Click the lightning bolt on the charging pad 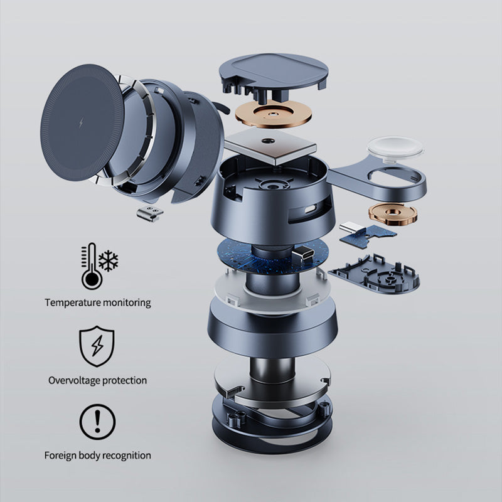pos(82,122)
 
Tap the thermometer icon pos(91,266)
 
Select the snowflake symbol pos(109,261)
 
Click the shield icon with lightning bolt pos(97,346)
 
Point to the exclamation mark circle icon pos(97,422)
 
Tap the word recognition pos(127,456)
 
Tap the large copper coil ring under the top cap pos(274,114)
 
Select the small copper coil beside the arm pos(393,213)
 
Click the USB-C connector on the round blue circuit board pos(302,254)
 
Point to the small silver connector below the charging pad pos(149,213)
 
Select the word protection pos(125,380)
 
